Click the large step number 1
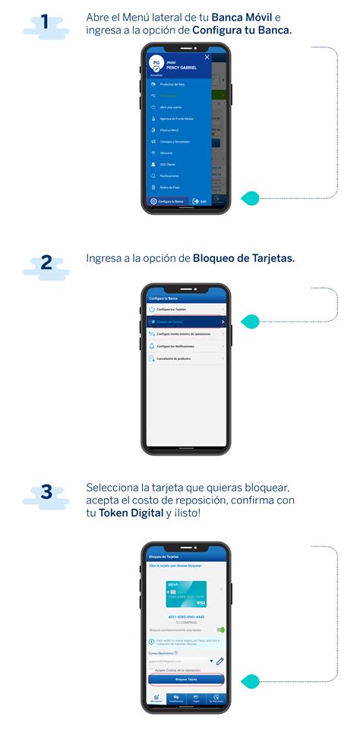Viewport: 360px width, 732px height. point(46,23)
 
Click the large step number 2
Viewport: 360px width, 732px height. point(46,263)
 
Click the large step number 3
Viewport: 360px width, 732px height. point(46,492)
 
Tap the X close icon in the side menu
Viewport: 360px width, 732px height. point(207,58)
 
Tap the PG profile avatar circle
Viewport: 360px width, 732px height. point(156,64)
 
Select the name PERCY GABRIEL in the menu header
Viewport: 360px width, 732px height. point(182,68)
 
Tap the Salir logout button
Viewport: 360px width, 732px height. point(200,201)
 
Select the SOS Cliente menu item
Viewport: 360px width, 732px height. point(167,164)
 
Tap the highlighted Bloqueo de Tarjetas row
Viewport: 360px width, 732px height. point(186,322)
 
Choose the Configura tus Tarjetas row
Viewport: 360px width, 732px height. point(186,310)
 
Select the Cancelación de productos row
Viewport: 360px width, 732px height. point(186,358)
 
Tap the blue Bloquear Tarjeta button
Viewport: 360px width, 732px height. point(186,679)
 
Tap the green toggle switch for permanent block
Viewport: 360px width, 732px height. point(221,629)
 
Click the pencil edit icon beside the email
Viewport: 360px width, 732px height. point(220,662)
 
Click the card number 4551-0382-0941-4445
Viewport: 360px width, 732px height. point(186,617)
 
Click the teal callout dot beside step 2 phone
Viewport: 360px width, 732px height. point(250,320)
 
